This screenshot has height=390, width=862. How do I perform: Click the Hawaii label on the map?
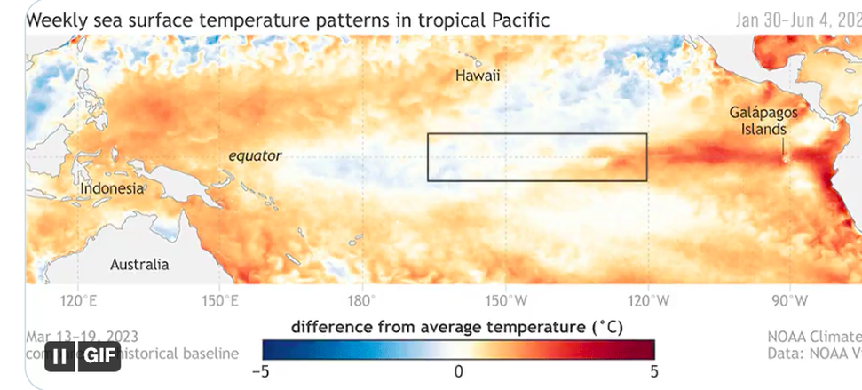(478, 76)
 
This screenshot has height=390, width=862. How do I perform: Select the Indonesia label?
(111, 189)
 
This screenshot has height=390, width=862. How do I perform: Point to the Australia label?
(139, 264)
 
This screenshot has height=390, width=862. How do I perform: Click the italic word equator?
(255, 156)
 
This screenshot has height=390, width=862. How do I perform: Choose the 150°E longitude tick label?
(221, 300)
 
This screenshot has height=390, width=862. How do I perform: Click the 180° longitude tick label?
(362, 300)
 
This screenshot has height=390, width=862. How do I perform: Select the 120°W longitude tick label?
(647, 300)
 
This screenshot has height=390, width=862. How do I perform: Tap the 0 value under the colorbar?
(458, 370)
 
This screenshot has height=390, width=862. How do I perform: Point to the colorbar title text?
(457, 326)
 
